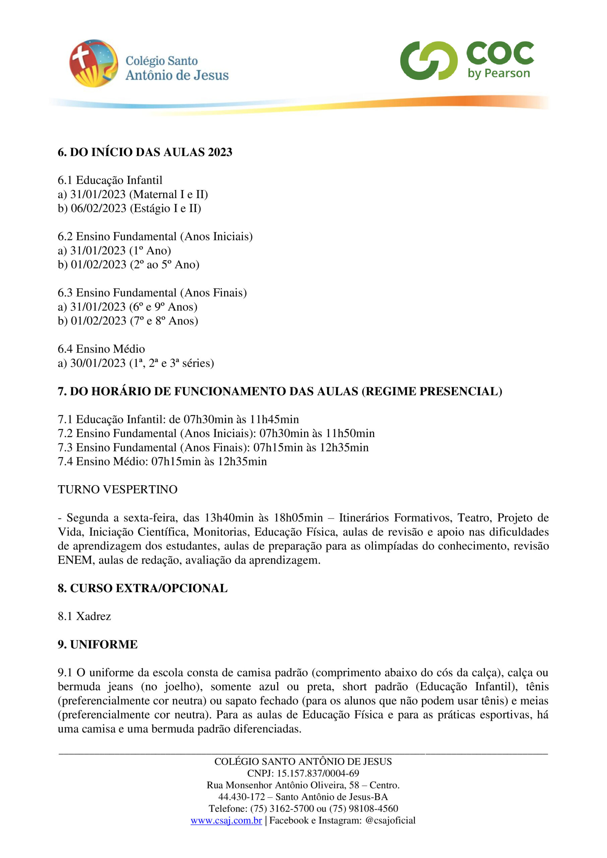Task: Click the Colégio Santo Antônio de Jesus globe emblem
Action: click(94, 63)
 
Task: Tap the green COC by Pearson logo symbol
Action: click(428, 61)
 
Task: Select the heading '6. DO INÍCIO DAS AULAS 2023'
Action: click(145, 152)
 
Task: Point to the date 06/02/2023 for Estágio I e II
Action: click(99, 208)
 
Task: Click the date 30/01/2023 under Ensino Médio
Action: click(98, 363)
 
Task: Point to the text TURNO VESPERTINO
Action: click(117, 490)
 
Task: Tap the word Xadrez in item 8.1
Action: click(94, 616)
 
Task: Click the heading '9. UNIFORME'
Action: click(98, 645)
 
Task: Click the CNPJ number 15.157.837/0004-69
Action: click(318, 773)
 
